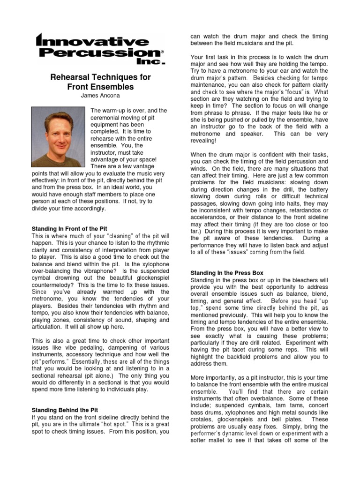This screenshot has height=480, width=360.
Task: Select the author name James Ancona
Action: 100,96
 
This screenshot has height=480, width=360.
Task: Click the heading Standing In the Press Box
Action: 226,273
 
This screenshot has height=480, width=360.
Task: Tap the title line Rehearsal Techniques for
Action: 100,77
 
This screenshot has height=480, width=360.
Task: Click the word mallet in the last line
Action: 221,441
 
